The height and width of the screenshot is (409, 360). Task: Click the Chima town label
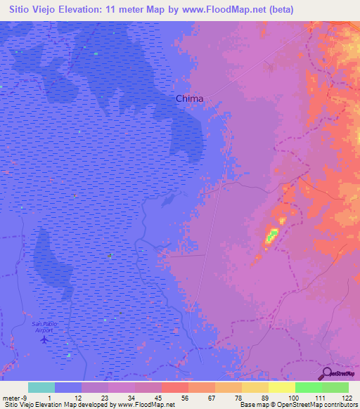[x=189, y=99]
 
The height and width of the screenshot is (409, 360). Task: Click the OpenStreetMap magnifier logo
[x=326, y=374]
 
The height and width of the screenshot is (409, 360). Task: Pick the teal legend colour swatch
[x=41, y=387]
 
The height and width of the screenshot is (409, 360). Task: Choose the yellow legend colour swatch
[x=281, y=387]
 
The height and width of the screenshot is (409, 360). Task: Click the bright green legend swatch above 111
[x=308, y=387]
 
